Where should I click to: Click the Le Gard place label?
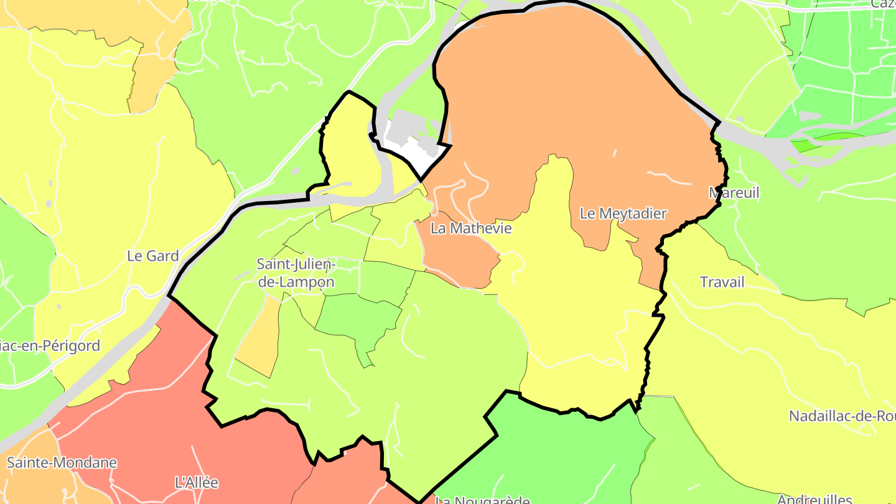click(x=152, y=256)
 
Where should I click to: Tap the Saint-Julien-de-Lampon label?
click(x=296, y=273)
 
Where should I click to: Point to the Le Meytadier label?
click(x=623, y=213)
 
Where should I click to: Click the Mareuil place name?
click(x=734, y=193)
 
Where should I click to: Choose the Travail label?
click(x=722, y=282)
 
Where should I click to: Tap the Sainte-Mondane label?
click(x=62, y=462)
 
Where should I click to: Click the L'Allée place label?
click(x=197, y=482)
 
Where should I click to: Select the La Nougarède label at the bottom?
click(x=482, y=499)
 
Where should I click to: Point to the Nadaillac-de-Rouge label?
click(x=842, y=416)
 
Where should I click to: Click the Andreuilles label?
click(x=814, y=498)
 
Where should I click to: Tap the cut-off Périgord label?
click(x=50, y=346)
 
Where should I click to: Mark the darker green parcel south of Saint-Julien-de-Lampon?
click(x=358, y=317)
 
